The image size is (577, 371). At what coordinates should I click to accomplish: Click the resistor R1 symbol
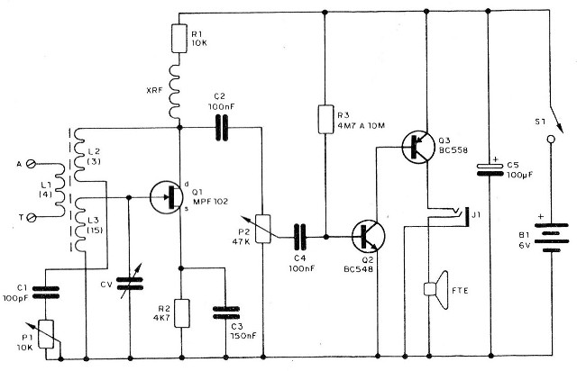tap(179, 38)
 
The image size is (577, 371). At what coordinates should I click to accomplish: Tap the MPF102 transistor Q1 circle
tap(166, 197)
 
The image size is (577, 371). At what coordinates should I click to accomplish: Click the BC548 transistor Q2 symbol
tap(369, 237)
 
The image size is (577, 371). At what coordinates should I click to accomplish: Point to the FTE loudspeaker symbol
tap(436, 290)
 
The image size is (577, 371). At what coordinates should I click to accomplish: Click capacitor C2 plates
tap(221, 128)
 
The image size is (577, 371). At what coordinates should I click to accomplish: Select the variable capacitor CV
tap(130, 284)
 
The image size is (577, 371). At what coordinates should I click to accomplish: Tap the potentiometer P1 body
tap(47, 334)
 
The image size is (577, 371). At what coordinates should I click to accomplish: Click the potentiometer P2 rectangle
tap(263, 229)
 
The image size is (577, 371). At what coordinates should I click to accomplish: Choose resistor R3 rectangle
tap(326, 119)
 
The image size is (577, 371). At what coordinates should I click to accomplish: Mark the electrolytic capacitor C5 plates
tap(490, 169)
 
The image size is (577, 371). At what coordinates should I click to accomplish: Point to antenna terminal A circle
tap(32, 164)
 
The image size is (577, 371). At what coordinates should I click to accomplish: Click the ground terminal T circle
tap(32, 218)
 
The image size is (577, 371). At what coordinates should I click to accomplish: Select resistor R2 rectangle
tap(182, 313)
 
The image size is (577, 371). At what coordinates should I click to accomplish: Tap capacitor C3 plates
tap(226, 312)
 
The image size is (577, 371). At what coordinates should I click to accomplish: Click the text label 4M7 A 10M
tap(361, 125)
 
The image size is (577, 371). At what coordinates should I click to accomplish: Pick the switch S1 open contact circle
tap(551, 139)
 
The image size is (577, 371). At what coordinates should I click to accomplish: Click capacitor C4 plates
tap(300, 237)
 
